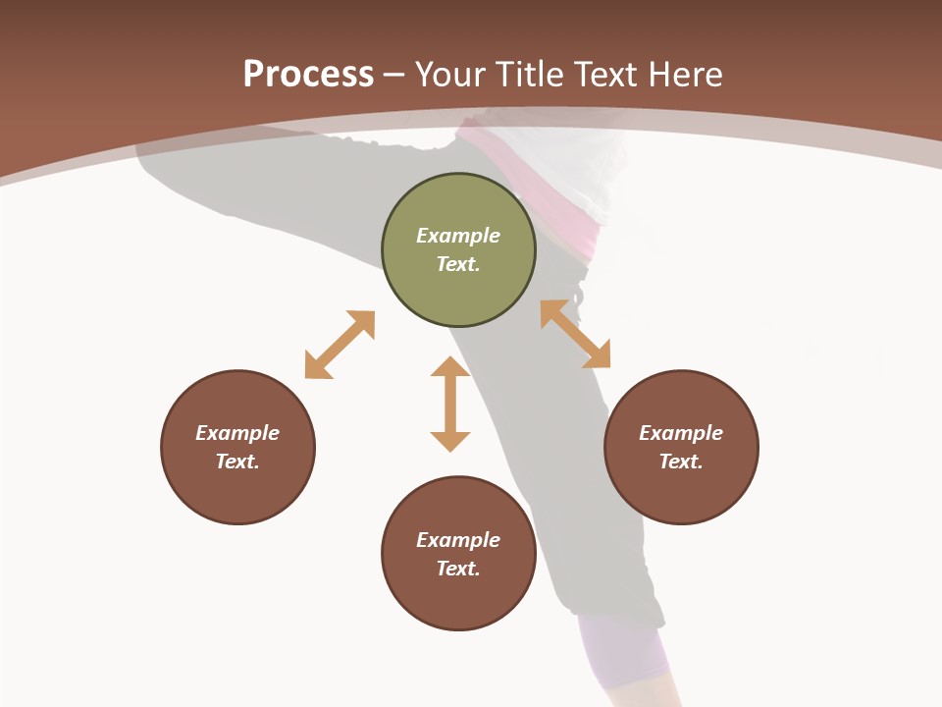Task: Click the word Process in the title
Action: tap(308, 75)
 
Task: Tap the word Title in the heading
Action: tap(526, 75)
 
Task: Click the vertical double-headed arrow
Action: tap(450, 404)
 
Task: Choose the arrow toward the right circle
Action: tap(575, 334)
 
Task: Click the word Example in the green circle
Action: tap(458, 236)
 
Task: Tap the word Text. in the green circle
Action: tap(458, 264)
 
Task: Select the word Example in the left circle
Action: tap(237, 433)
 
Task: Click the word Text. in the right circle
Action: tap(681, 462)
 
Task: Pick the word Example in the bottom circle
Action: tap(458, 540)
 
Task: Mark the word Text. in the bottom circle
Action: tap(458, 569)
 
